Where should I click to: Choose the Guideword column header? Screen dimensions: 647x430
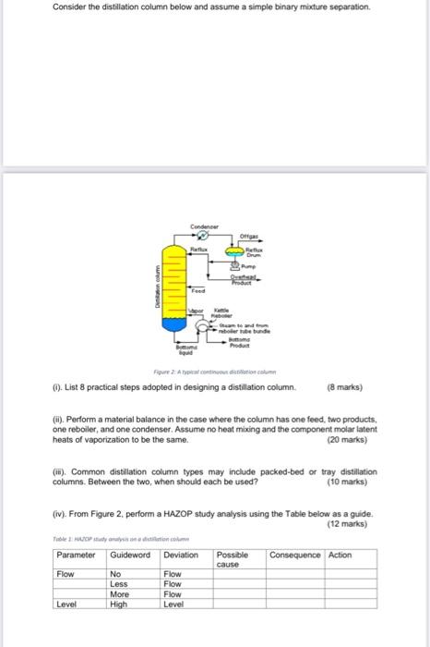point(130,555)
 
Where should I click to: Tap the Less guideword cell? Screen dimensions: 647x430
point(119,584)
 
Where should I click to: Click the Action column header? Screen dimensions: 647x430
point(340,555)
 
